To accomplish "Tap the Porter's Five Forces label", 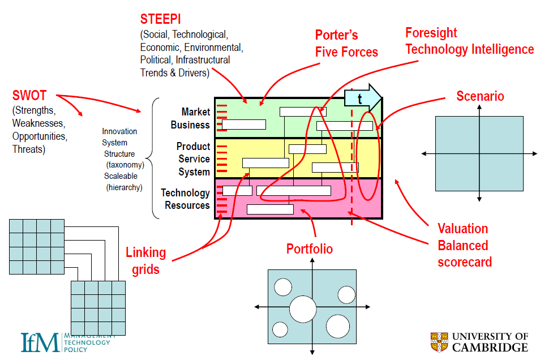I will point(346,44).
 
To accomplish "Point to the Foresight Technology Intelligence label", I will point(469,41).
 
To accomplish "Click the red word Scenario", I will point(480,96).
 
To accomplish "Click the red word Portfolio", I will point(309,249).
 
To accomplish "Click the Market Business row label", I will point(190,118).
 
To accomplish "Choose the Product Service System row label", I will point(193,159).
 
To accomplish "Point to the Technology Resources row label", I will point(185,199).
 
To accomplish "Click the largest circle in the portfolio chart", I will point(303,309).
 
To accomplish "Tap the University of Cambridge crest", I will point(439,342).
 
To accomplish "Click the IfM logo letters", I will point(40,342).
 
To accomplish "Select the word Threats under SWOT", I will point(29,150).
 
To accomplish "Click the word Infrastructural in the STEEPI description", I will point(203,60).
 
